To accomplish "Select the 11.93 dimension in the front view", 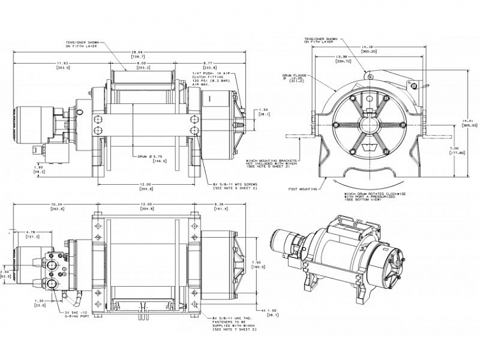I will [62, 62].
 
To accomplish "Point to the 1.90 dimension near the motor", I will [38, 167].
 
